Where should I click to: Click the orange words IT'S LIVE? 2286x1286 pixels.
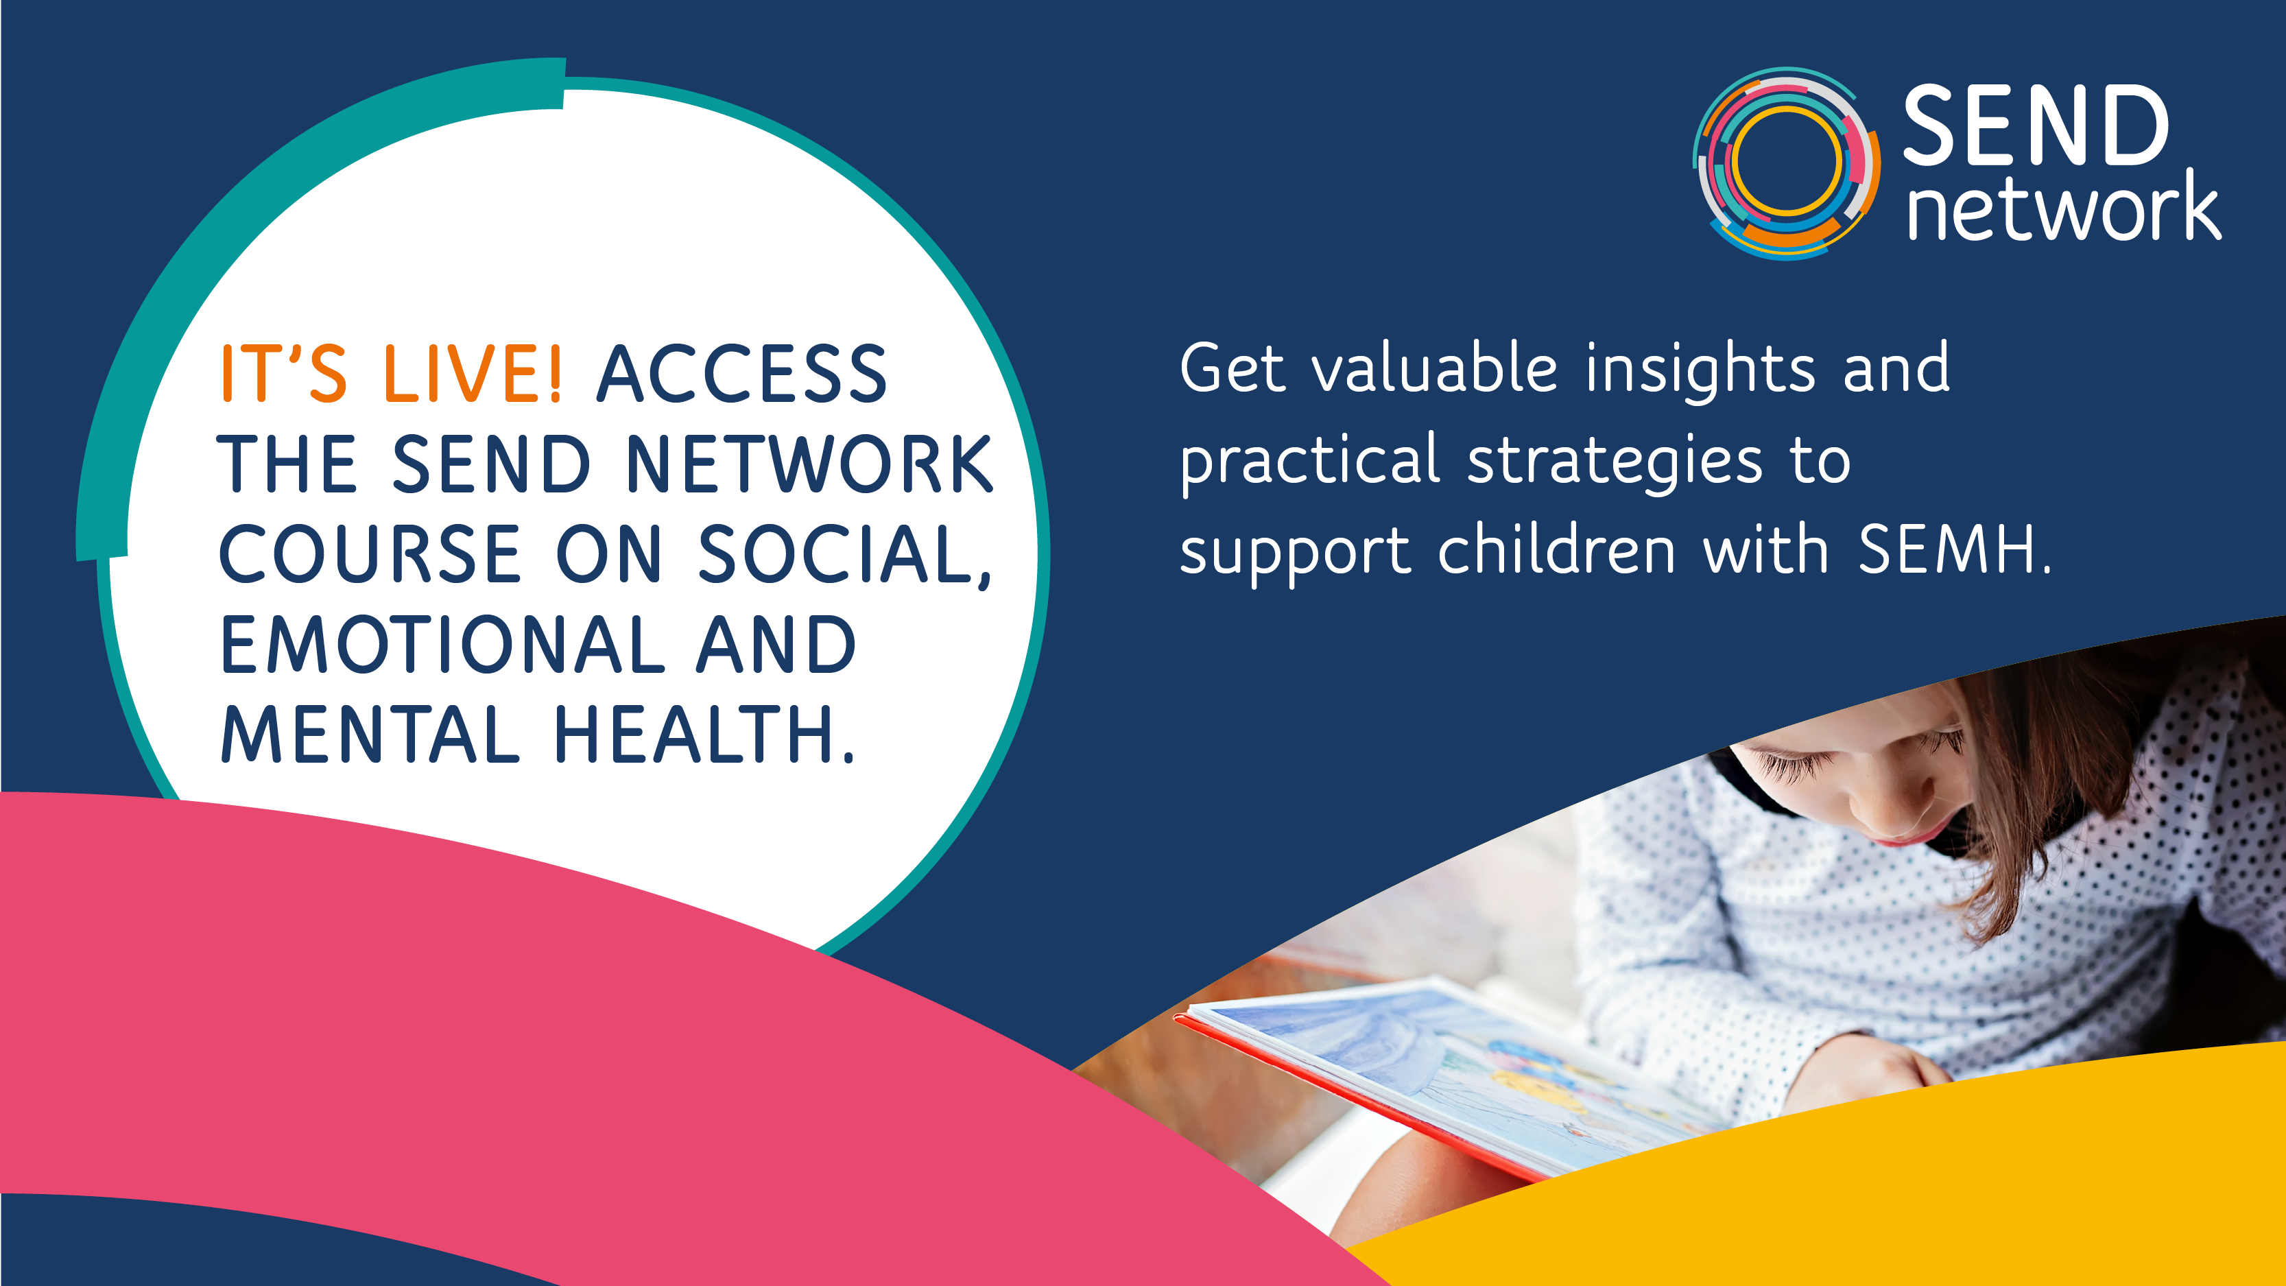coord(390,372)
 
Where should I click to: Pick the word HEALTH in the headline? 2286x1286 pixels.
coord(695,734)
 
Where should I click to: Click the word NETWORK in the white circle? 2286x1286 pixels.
coord(810,463)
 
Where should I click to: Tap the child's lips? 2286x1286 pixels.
coord(1903,834)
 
